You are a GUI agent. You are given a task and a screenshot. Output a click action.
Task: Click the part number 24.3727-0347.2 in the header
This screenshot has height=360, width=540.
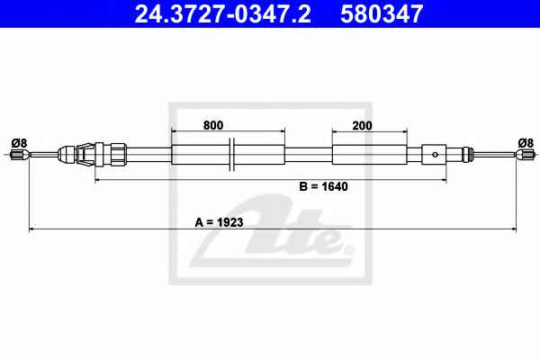[x=222, y=13]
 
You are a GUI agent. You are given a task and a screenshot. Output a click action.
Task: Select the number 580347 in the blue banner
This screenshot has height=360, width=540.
[x=382, y=13]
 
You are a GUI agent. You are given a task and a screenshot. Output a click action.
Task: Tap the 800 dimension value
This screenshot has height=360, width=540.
[x=213, y=125]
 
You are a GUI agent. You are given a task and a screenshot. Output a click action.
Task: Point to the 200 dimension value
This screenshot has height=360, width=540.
[x=362, y=126]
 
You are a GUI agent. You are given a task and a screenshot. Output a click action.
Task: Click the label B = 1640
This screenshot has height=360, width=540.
[x=323, y=186]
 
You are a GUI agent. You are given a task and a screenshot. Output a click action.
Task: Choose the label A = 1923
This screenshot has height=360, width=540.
[x=219, y=222]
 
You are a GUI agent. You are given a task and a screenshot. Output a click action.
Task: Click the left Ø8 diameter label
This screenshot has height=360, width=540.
[x=19, y=142]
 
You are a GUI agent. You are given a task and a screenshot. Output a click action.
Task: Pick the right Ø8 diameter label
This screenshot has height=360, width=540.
[x=526, y=142]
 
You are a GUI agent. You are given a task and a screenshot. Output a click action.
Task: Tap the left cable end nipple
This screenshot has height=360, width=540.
[x=20, y=154]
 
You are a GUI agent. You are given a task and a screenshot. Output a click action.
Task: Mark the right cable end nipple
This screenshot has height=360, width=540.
[x=525, y=154]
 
